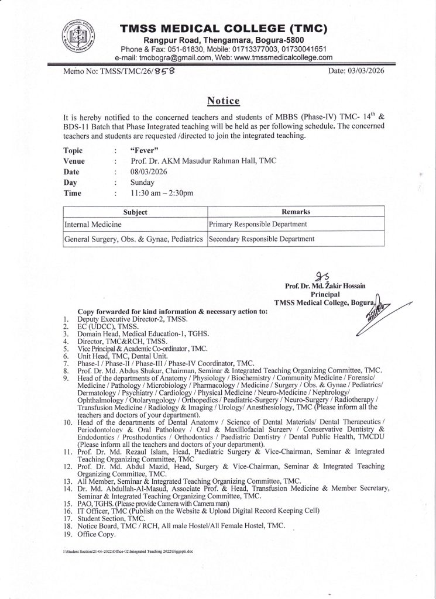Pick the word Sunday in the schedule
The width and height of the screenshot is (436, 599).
142,182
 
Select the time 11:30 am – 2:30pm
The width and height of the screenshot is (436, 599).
162,192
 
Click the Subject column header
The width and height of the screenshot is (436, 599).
135,212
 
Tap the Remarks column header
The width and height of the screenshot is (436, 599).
296,212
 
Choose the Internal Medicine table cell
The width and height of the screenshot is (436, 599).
93,224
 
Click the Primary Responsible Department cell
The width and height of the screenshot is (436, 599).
258,224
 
